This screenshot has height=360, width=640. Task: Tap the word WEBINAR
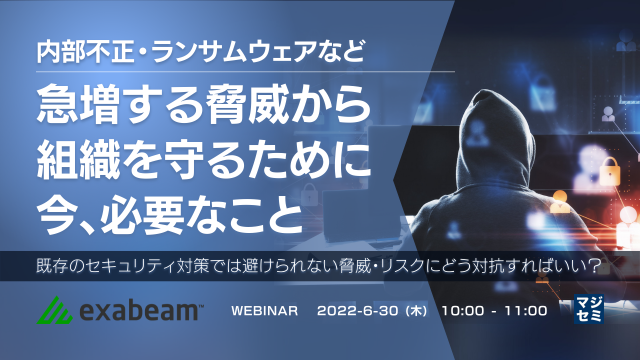(x=264, y=311)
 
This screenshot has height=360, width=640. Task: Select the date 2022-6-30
(x=357, y=311)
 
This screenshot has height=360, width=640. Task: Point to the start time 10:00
(x=463, y=311)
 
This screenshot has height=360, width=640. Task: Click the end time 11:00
(x=526, y=311)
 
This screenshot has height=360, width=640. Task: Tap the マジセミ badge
(x=588, y=309)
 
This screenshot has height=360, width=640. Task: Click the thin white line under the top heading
(x=245, y=71)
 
